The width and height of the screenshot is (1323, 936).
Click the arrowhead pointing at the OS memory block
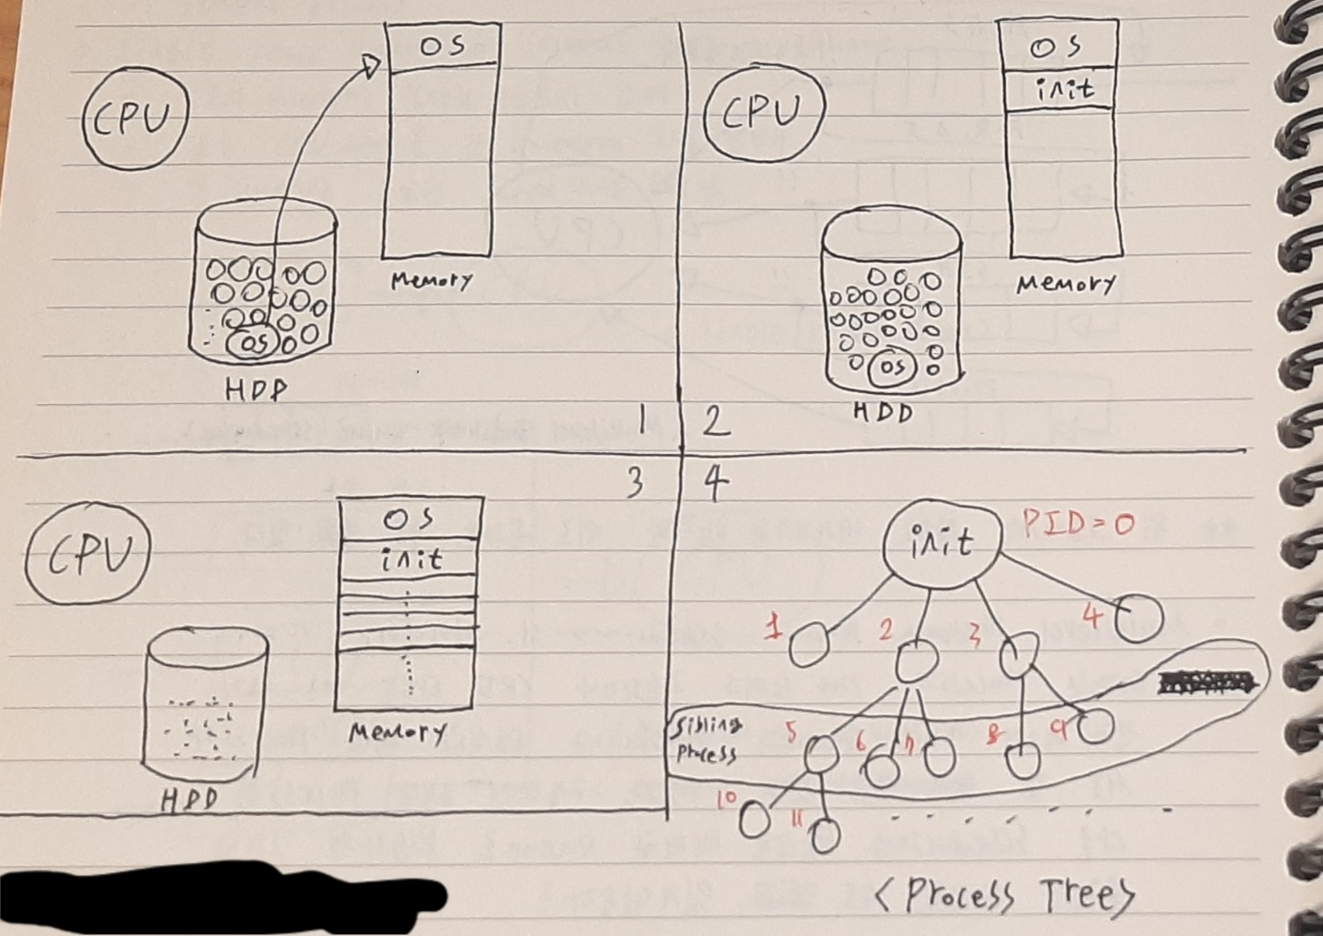[371, 66]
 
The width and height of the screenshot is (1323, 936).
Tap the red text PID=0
[1077, 525]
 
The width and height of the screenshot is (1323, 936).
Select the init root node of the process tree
[942, 543]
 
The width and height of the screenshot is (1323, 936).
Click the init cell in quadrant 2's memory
[1064, 89]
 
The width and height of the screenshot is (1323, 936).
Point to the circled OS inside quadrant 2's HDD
[893, 367]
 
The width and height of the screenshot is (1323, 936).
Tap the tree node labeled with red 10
[754, 820]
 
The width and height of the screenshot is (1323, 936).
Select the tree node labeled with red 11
[825, 835]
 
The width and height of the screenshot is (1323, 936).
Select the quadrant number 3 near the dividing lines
[635, 482]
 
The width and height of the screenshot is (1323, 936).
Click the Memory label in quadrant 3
[397, 732]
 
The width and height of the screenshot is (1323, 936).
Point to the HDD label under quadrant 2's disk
[882, 412]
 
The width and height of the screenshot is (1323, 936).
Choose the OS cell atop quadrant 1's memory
[443, 45]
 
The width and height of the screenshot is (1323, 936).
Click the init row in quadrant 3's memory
[411, 559]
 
